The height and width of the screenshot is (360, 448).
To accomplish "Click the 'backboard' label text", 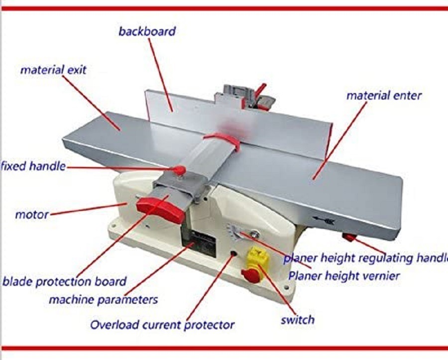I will (x=147, y=31).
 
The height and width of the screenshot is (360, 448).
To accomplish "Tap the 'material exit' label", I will (x=53, y=70).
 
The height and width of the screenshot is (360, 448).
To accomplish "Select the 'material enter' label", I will (x=384, y=95).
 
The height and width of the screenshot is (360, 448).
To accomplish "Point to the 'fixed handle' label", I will (x=33, y=166).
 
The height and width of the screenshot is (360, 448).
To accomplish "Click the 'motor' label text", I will (x=32, y=215).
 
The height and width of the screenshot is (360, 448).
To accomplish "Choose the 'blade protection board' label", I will (x=64, y=281).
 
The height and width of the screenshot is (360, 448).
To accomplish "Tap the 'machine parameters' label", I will (x=103, y=300).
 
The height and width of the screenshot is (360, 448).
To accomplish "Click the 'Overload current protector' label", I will (x=162, y=325).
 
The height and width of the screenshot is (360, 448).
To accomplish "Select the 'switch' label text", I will (x=298, y=320).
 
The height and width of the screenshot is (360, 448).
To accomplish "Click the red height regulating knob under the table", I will (x=349, y=238).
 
